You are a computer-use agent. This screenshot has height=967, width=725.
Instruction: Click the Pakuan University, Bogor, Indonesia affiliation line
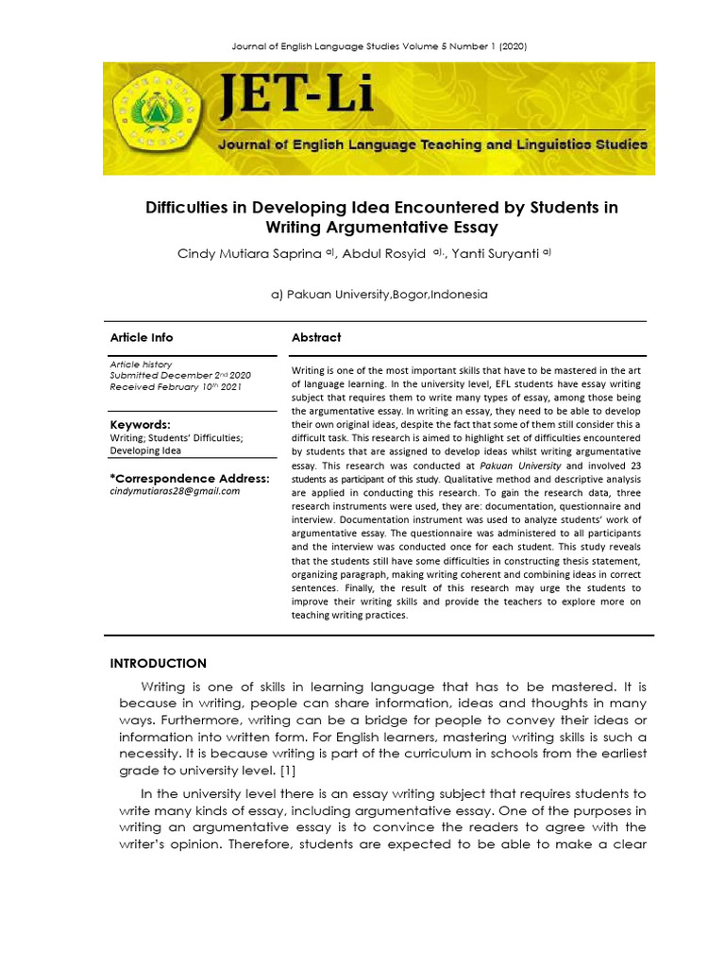pos(379,294)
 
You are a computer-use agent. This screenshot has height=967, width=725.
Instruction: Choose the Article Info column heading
pos(142,337)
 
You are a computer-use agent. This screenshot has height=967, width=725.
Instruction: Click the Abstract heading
pos(316,337)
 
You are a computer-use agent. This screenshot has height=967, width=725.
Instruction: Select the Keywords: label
pos(140,425)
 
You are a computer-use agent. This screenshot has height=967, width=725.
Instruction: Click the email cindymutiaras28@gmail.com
pos(175,491)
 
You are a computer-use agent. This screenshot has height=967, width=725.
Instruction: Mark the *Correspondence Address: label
pos(190,478)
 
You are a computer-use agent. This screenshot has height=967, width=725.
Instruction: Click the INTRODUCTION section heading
pos(158,663)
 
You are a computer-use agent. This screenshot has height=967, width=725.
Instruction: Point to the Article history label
pos(141,364)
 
